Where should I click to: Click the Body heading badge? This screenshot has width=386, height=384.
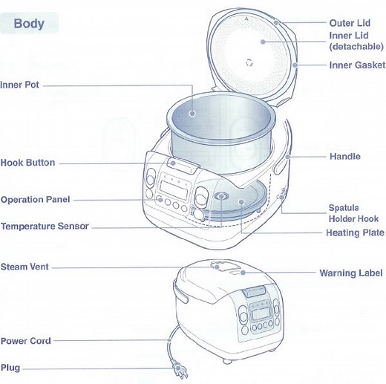(x=29, y=23)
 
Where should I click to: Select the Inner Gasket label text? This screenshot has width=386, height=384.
(x=357, y=65)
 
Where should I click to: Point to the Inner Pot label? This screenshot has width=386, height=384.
(x=20, y=85)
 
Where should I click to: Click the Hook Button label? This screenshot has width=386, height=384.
(x=27, y=163)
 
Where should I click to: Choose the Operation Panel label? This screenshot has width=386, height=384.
(x=36, y=200)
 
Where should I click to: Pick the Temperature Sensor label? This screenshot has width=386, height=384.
(x=45, y=227)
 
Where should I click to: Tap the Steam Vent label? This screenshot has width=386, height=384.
(x=25, y=266)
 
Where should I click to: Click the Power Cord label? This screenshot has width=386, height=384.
(x=25, y=341)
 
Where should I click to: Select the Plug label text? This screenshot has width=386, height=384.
(x=10, y=368)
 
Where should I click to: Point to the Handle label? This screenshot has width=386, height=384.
(x=344, y=157)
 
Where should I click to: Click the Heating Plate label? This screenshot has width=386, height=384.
(x=355, y=233)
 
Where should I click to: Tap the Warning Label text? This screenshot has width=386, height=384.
(x=351, y=273)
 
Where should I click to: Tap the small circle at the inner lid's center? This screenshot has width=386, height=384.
(x=249, y=62)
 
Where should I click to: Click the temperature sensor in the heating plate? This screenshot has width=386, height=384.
(x=222, y=198)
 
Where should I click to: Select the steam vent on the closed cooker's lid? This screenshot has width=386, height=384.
(x=220, y=266)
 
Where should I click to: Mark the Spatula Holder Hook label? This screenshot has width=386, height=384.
(x=353, y=214)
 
